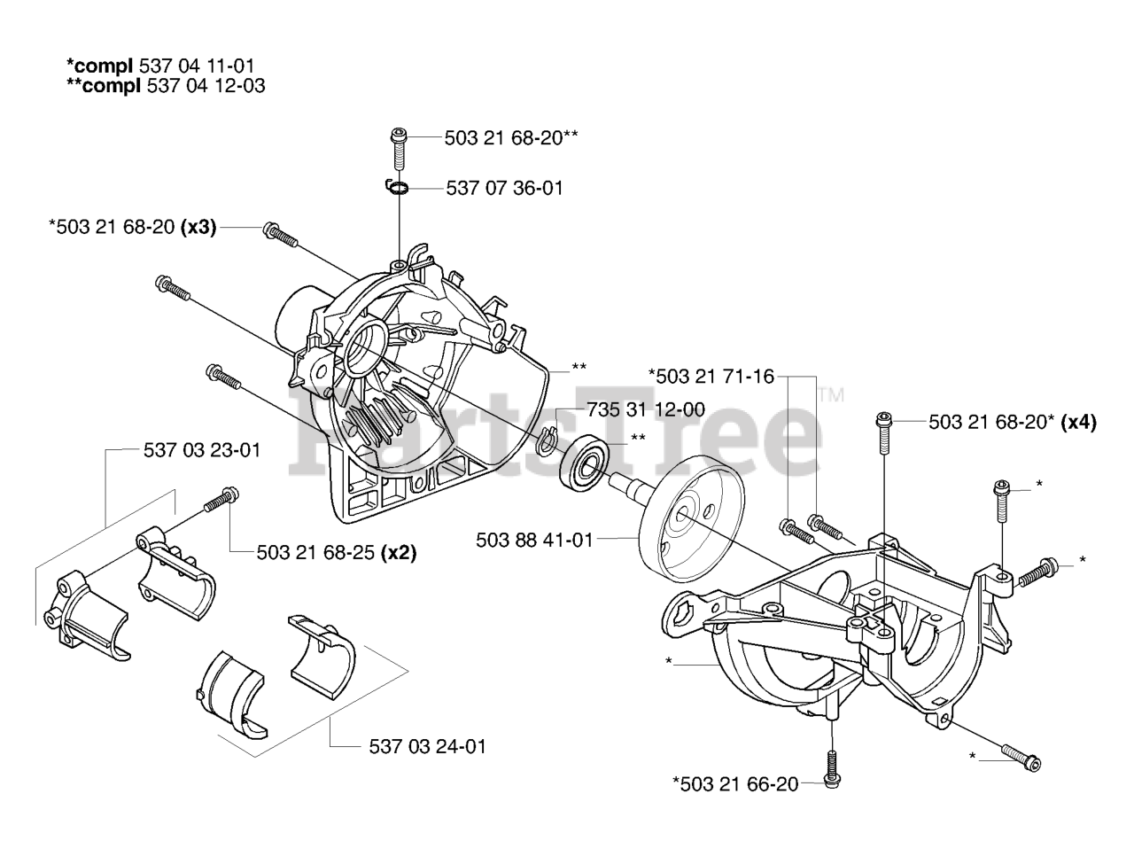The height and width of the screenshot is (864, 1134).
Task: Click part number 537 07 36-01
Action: [504, 188]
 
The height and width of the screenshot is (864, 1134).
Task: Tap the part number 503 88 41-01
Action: [533, 539]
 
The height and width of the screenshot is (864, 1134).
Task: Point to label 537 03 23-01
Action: [201, 450]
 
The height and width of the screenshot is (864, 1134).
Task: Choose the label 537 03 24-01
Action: [427, 746]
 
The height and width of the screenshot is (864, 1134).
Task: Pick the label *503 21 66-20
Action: [735, 783]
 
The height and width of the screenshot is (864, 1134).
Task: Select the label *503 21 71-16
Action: [711, 377]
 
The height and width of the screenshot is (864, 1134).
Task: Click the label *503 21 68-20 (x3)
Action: [132, 227]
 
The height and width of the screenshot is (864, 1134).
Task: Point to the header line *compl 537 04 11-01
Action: [152, 66]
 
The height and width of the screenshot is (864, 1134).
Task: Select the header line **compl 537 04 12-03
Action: [165, 86]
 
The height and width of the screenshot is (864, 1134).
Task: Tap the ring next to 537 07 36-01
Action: [398, 188]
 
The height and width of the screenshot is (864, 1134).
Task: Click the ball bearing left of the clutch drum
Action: [581, 460]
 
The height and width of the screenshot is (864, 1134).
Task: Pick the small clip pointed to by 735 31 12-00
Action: [549, 439]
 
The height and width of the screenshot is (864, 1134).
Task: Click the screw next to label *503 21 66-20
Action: [832, 767]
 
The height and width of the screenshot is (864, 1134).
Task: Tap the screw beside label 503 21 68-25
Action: [221, 501]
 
